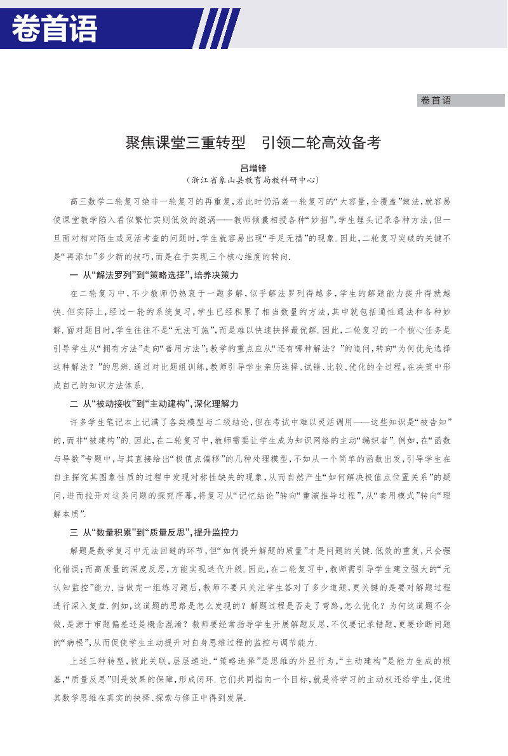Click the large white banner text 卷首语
[55, 29]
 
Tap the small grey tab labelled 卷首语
[436, 100]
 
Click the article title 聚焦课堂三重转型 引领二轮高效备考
[253, 143]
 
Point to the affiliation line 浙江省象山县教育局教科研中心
[253, 180]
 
